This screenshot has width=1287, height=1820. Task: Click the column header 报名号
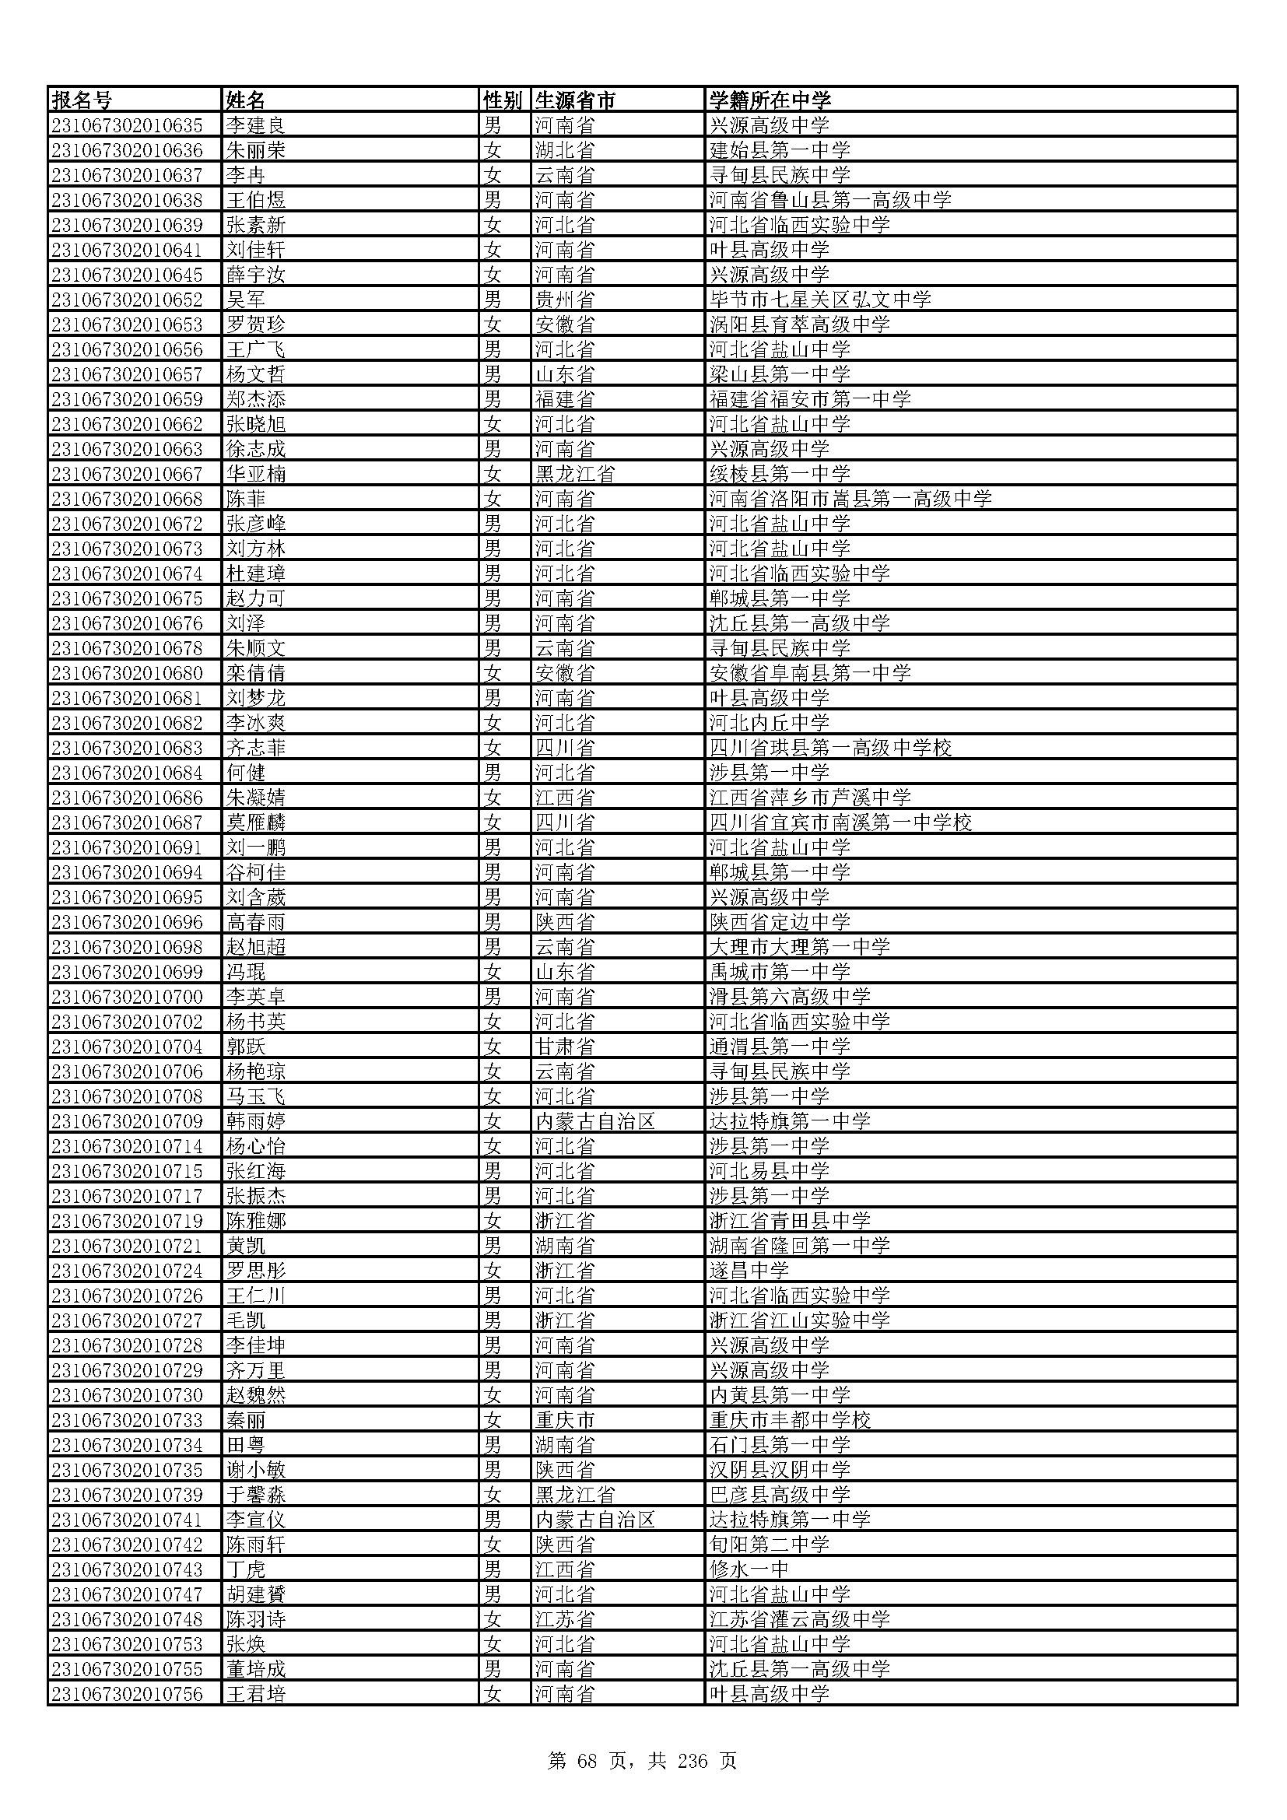click(x=82, y=100)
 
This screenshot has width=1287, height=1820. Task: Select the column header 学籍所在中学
click(x=770, y=100)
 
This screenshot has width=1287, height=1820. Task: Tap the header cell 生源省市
click(x=575, y=100)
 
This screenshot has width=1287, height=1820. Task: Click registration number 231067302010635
click(x=127, y=125)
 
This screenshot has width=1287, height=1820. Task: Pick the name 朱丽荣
click(x=255, y=151)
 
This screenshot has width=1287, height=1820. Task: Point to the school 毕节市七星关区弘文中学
click(x=820, y=300)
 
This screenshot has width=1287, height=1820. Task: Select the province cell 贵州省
click(x=564, y=300)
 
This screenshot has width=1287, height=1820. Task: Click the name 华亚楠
click(x=255, y=474)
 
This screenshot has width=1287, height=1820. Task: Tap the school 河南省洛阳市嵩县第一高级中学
click(x=850, y=499)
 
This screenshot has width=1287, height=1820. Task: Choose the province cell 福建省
click(x=564, y=399)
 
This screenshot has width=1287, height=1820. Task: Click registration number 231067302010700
click(x=127, y=997)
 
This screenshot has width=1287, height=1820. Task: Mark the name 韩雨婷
click(x=255, y=1120)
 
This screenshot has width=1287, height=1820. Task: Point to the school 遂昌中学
click(x=749, y=1271)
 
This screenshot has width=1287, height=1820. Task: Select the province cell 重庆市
click(x=564, y=1420)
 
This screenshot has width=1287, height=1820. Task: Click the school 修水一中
click(x=749, y=1569)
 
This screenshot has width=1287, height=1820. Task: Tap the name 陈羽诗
click(x=255, y=1618)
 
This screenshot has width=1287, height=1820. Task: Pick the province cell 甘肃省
click(x=564, y=1047)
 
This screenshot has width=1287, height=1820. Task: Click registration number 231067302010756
click(x=127, y=1693)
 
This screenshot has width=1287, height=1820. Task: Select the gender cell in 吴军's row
click(x=493, y=300)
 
